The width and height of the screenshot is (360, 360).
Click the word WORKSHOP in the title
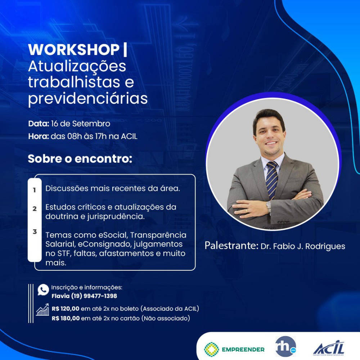tap(74, 49)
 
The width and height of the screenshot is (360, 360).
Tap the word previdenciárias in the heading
tap(88, 99)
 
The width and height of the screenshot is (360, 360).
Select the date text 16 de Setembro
tap(81, 124)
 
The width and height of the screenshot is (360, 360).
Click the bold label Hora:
tap(39, 136)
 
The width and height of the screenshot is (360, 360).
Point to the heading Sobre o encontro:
tap(80, 159)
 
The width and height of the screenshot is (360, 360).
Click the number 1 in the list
tap(35, 190)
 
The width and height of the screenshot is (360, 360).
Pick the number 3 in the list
tap(35, 231)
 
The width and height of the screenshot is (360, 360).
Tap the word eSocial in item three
tap(113, 235)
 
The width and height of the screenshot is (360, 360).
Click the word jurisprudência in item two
tap(116, 217)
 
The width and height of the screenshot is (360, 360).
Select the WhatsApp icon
tap(43, 290)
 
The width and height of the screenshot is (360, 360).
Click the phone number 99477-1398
tap(100, 296)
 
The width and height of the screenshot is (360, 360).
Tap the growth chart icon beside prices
tap(42, 310)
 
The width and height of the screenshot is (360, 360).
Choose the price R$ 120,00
tap(66, 309)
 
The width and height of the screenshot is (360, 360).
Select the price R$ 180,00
tap(66, 319)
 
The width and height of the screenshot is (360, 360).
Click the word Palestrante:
tap(231, 246)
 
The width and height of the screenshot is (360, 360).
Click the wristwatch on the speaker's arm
tap(269, 207)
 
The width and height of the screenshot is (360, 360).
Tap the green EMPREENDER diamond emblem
tap(211, 350)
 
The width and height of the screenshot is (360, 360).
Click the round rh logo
tap(285, 347)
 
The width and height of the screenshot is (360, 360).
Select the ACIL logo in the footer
tap(329, 348)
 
